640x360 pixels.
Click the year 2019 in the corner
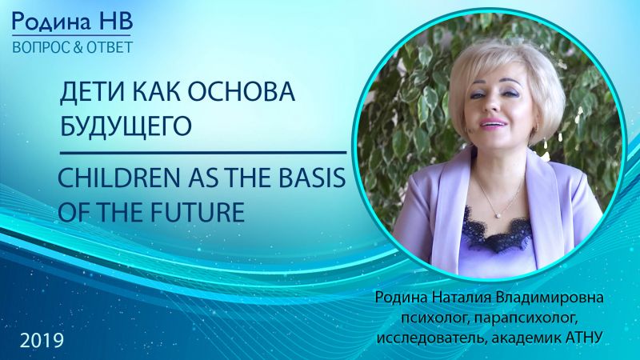click(x=42, y=341)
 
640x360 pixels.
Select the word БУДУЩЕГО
click(x=126, y=126)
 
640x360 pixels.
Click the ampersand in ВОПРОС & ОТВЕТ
click(x=77, y=48)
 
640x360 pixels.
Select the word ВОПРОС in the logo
click(x=41, y=48)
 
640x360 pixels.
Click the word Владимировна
click(x=549, y=297)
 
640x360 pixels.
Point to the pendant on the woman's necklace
click(x=498, y=214)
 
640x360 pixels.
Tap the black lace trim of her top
click(x=498, y=231)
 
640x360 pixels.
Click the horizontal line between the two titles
click(x=203, y=153)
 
